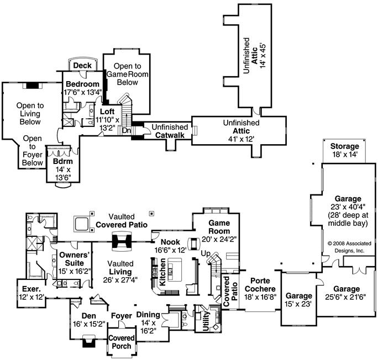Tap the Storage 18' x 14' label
344,150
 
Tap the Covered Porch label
120,342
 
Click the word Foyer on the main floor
121,316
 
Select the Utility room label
206,322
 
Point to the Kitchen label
163,274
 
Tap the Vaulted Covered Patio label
122,221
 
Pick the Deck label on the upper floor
82,65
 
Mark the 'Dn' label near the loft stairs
126,131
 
